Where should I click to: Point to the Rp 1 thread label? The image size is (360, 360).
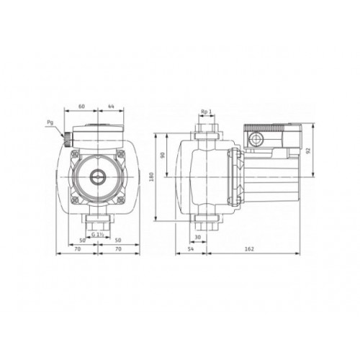click(x=205, y=112)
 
